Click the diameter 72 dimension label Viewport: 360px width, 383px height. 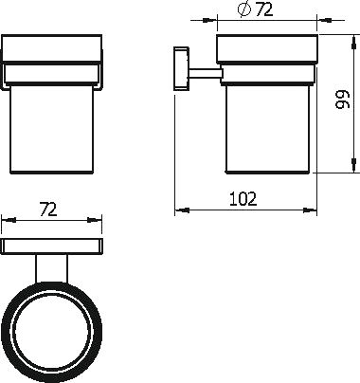pos(255,9)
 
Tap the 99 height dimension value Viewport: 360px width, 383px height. pos(343,100)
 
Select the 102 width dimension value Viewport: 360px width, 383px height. pos(243,199)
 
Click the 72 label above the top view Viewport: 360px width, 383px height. pos(48,210)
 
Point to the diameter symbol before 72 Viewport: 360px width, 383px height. pos(244,9)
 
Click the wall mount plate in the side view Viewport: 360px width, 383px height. pos(181,68)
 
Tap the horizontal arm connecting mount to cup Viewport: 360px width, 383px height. pos(204,73)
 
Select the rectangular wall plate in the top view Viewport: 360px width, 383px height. pos(52,246)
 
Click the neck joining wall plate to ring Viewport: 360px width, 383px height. pos(51,268)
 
